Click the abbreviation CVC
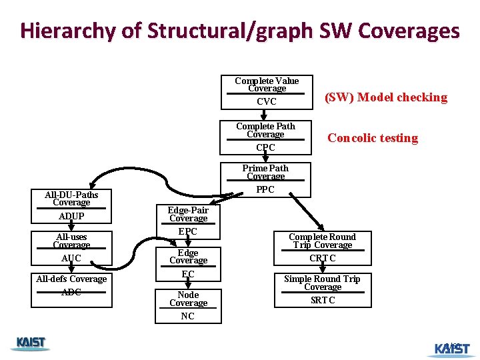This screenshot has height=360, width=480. pyautogui.click(x=266, y=102)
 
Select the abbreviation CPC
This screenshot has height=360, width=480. pyautogui.click(x=265, y=147)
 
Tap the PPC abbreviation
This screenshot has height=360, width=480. pyautogui.click(x=265, y=190)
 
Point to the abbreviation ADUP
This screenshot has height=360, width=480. pyautogui.click(x=71, y=217)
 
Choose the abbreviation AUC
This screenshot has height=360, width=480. pyautogui.click(x=71, y=259)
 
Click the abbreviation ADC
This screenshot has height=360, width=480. pyautogui.click(x=71, y=293)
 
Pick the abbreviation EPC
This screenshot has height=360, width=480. pyautogui.click(x=188, y=232)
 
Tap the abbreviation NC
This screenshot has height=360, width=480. pyautogui.click(x=188, y=317)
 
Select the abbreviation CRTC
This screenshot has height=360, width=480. pyautogui.click(x=323, y=259)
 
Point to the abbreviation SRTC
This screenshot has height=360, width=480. pyautogui.click(x=323, y=301)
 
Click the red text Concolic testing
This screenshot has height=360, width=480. pyautogui.click(x=373, y=139)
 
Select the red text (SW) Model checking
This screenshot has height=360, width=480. pyautogui.click(x=386, y=97)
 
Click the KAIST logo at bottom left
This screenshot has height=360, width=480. pyautogui.click(x=31, y=343)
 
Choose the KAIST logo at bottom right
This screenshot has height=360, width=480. pyautogui.click(x=451, y=348)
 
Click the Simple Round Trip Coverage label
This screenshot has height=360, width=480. pyautogui.click(x=323, y=283)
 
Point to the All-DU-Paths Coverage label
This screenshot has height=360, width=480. pyautogui.click(x=71, y=199)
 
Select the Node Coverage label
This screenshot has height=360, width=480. pyautogui.click(x=188, y=299)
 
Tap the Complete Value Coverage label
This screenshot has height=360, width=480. pyautogui.click(x=267, y=85)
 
